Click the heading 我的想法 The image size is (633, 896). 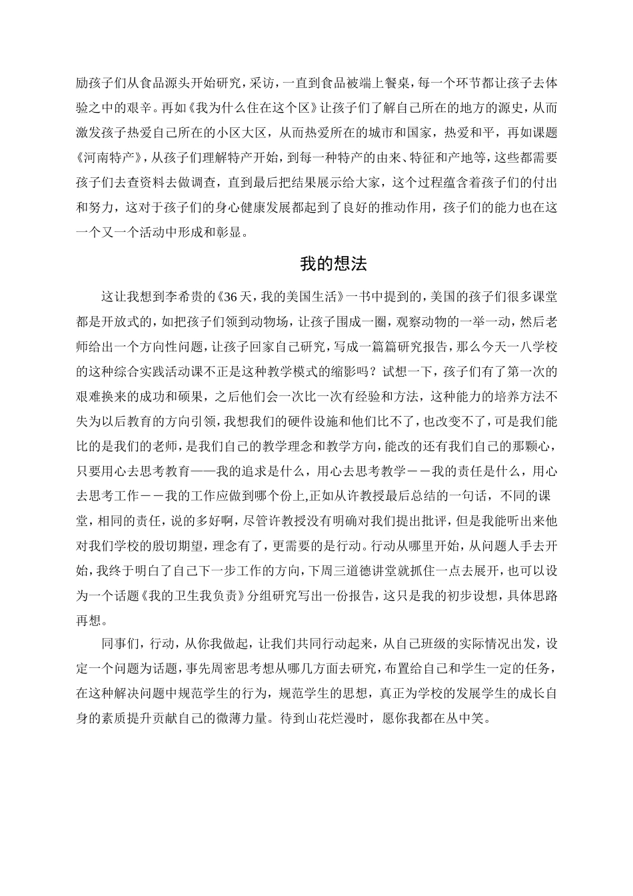(x=333, y=264)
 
